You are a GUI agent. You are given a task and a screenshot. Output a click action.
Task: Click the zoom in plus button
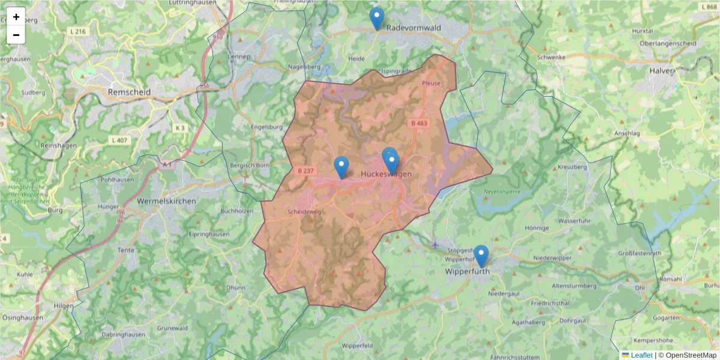(16, 17)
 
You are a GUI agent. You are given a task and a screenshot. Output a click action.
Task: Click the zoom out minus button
(16, 35)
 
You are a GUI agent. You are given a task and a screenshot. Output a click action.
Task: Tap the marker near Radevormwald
(377, 19)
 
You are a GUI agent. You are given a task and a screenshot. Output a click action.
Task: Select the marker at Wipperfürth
(481, 256)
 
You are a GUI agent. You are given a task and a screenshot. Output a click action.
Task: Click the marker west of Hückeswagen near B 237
(341, 167)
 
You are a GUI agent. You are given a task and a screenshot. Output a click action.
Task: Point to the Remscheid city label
(129, 92)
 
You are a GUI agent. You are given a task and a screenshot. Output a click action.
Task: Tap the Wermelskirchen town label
(166, 201)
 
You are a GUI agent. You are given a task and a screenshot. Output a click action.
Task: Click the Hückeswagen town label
(386, 174)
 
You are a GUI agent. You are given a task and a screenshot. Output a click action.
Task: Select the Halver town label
(662, 70)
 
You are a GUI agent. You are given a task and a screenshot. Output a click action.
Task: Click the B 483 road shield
(420, 123)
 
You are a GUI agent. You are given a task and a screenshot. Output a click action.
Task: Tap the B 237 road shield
(305, 170)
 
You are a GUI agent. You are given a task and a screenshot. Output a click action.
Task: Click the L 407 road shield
(120, 140)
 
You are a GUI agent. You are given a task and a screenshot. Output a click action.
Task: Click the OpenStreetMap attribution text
(691, 355)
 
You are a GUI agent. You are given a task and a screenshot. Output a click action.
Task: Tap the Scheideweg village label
(304, 212)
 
